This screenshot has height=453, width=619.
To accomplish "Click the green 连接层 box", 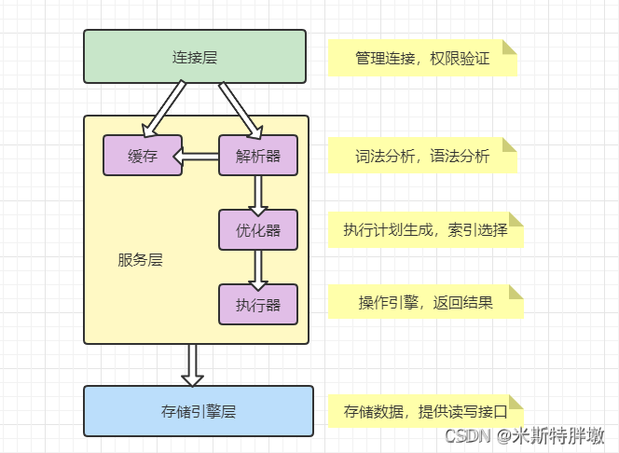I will (195, 56).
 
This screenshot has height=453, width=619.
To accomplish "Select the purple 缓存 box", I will (142, 156).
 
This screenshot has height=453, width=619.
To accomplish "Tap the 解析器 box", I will (258, 156).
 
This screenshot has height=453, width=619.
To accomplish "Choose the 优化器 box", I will (258, 229).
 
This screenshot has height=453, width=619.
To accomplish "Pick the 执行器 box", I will (258, 304).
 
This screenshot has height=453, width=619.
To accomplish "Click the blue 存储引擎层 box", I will (199, 411).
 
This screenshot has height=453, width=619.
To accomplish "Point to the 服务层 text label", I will (140, 260).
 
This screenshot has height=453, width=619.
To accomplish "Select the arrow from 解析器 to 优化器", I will (258, 192).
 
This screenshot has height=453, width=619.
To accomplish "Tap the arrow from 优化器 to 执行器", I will (258, 267).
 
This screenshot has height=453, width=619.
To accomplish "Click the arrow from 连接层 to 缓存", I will (163, 106).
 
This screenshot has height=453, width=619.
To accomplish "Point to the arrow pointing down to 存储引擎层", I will (192, 364).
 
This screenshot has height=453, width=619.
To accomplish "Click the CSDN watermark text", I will (524, 436).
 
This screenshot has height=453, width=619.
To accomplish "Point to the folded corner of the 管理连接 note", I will (509, 47).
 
